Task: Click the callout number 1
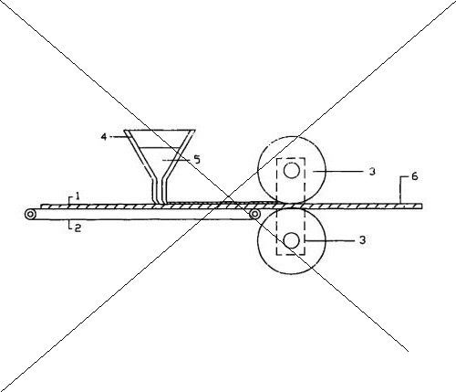click(x=78, y=196)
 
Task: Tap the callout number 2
click(x=78, y=228)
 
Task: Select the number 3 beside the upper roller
click(x=372, y=172)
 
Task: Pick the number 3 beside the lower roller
click(x=362, y=240)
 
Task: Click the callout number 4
click(x=104, y=137)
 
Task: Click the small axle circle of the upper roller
click(x=292, y=171)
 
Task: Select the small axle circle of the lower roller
click(x=291, y=240)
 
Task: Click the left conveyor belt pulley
click(x=30, y=215)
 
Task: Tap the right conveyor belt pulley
click(x=254, y=215)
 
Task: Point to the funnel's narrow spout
click(x=160, y=191)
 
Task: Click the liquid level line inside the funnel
click(x=160, y=148)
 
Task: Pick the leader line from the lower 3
click(x=329, y=240)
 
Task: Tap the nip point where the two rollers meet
click(x=291, y=206)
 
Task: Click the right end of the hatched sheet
click(x=421, y=207)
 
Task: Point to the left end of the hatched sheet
click(x=41, y=207)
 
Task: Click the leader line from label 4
click(x=119, y=137)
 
